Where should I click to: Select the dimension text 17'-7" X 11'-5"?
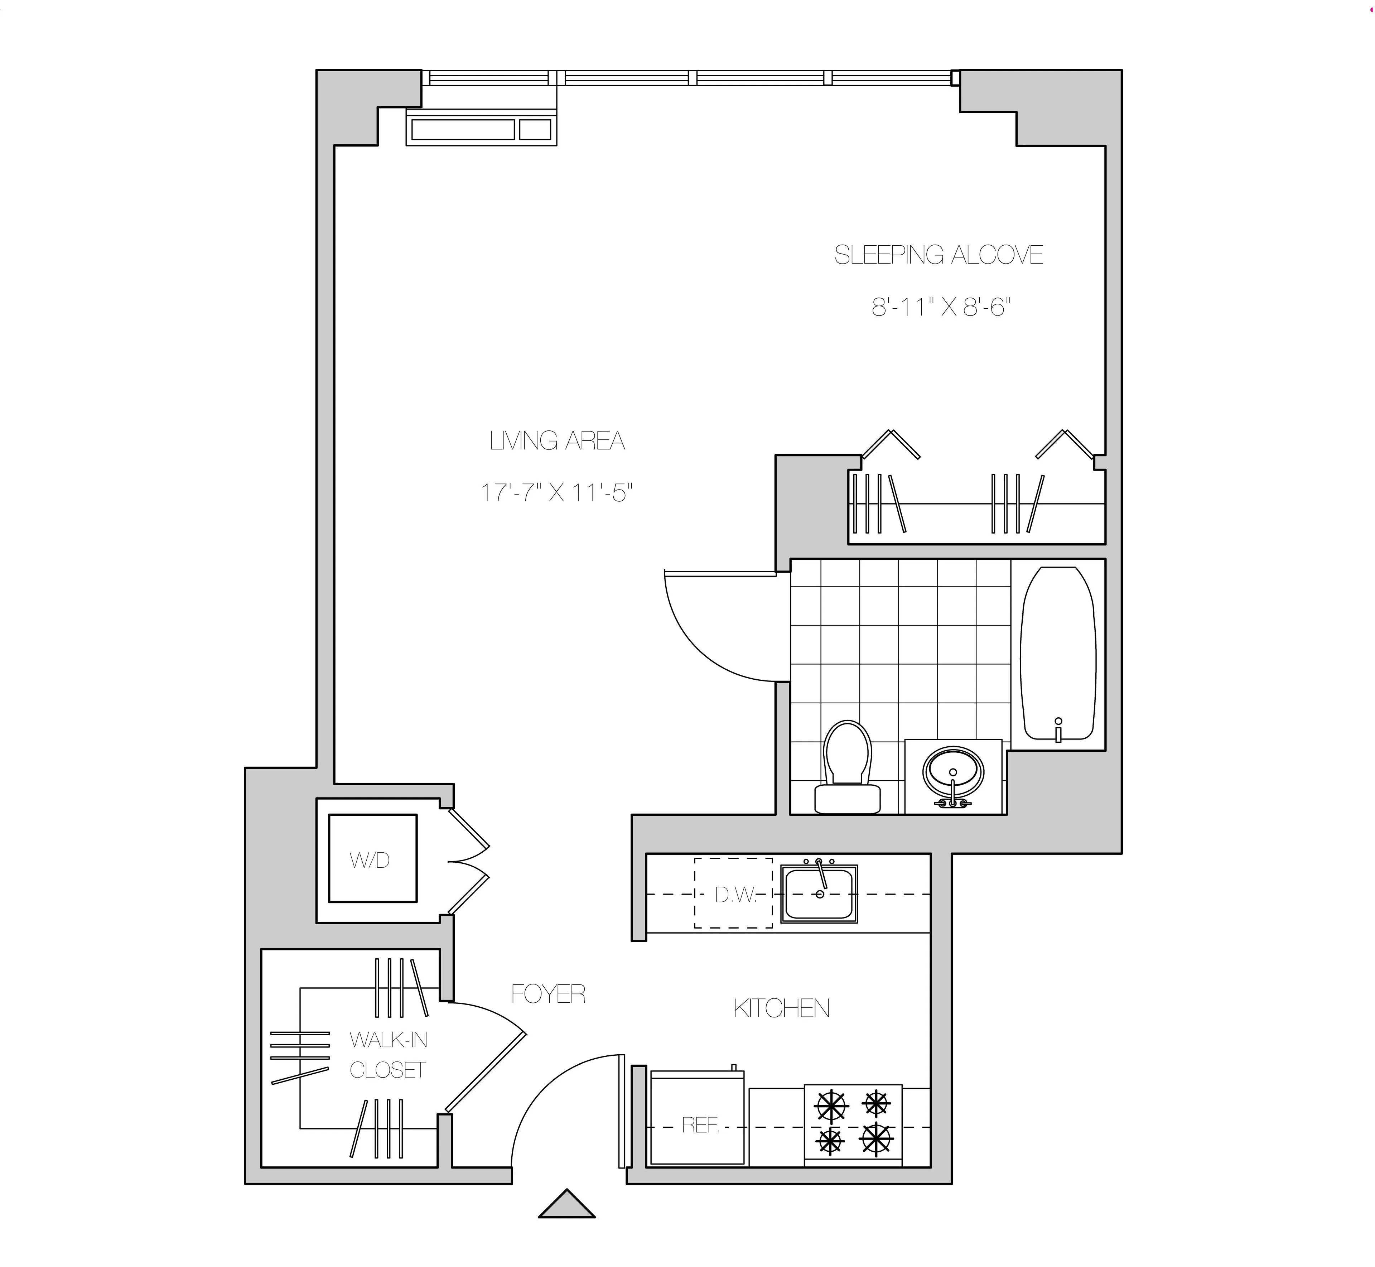tap(555, 492)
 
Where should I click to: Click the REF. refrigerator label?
tap(700, 1125)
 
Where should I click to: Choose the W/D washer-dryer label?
tap(370, 860)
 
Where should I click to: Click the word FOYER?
tap(548, 994)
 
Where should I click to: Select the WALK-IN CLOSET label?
tap(388, 1055)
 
